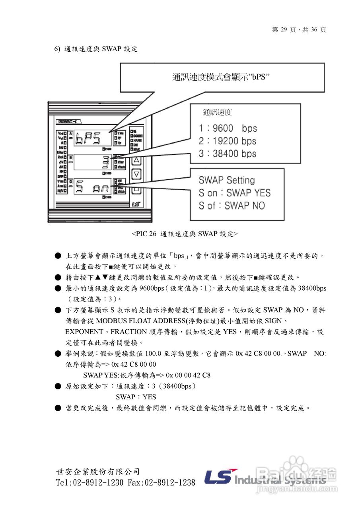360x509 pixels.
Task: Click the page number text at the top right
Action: (x=299, y=30)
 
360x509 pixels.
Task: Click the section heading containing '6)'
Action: (x=95, y=49)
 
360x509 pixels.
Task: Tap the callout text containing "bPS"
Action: (x=221, y=77)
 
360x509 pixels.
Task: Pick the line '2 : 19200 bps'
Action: (x=228, y=141)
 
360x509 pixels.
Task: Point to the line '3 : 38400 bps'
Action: (x=228, y=153)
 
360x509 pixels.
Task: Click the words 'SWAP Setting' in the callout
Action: (x=227, y=180)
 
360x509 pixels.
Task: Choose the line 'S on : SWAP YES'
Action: (x=235, y=193)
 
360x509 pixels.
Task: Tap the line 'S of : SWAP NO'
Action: (x=232, y=206)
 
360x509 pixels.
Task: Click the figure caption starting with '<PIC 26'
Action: (x=185, y=234)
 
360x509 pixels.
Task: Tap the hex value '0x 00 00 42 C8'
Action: (x=188, y=375)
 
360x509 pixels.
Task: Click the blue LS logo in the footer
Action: (x=220, y=476)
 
